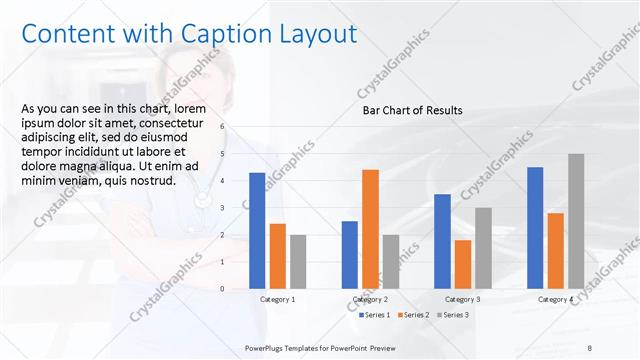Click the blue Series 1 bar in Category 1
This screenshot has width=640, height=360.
click(257, 230)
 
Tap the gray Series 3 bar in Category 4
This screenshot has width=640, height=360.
click(576, 221)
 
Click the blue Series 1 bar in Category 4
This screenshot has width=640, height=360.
click(535, 227)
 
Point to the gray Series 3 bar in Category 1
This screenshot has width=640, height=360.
click(298, 261)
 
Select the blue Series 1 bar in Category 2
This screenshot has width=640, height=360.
click(349, 254)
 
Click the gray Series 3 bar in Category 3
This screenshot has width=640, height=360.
click(483, 248)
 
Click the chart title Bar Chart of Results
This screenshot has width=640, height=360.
click(412, 110)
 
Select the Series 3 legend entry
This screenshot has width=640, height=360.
click(452, 315)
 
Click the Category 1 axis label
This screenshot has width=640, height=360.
click(277, 299)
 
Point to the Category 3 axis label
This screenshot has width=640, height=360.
click(462, 299)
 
